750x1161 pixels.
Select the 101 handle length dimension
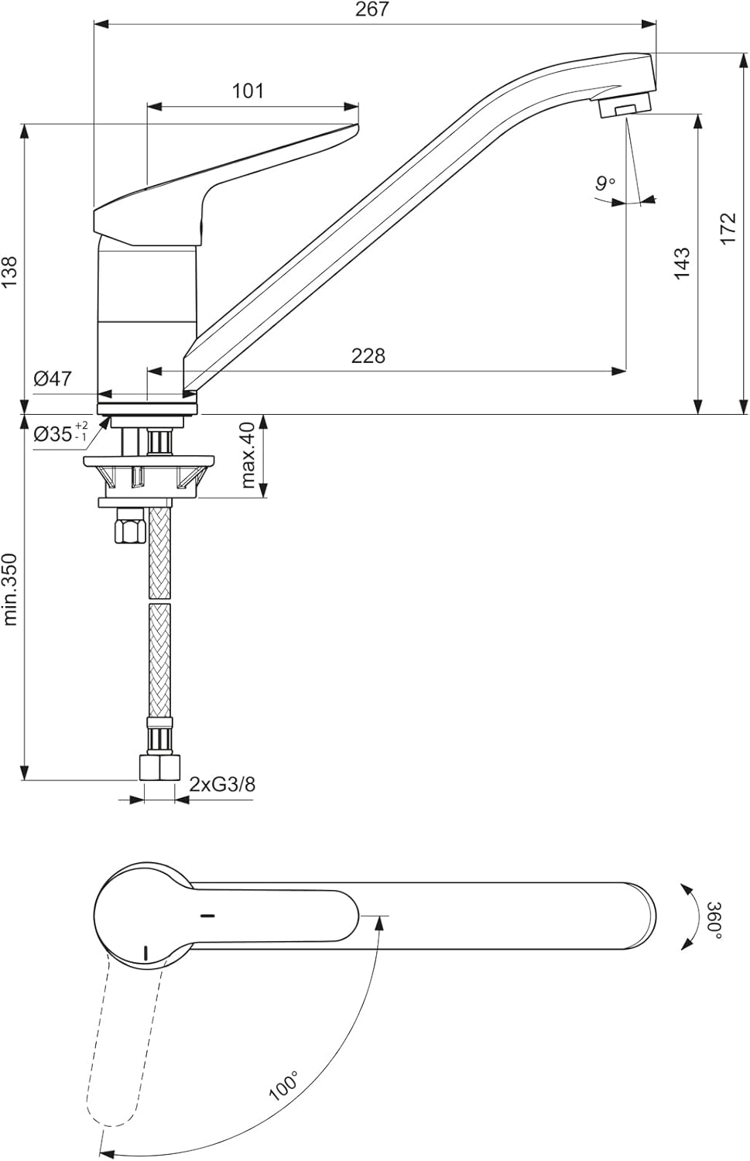tap(248, 91)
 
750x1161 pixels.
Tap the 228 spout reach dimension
tap(368, 355)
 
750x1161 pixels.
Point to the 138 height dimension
tap(9, 273)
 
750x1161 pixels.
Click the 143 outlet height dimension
tap(681, 263)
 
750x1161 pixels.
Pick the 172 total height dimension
tap(728, 229)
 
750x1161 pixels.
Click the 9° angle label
tap(605, 183)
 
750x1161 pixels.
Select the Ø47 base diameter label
tap(53, 378)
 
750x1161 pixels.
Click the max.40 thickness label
tap(248, 455)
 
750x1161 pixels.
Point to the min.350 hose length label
tap(9, 588)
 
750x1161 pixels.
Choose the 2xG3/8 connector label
tap(223, 784)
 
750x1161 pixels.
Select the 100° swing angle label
tap(283, 1086)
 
